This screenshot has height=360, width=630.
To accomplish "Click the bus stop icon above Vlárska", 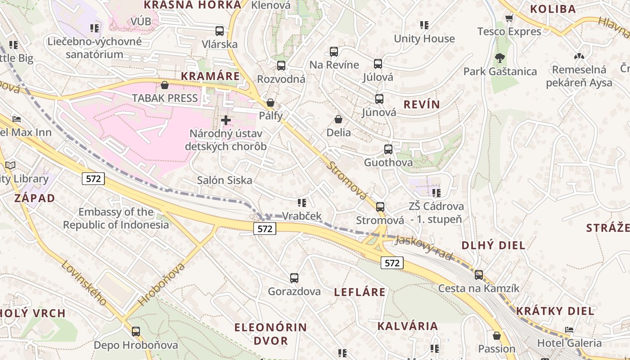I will tap(220, 31).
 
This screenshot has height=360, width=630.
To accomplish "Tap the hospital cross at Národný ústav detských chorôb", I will tap(226, 120).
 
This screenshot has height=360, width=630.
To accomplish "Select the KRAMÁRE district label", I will tap(210, 76).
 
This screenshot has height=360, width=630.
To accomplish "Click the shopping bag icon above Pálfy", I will tap(270, 103).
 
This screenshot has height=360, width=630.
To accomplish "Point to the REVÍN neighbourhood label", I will tap(422, 105).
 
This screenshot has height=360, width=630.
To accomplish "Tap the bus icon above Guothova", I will tap(388, 149).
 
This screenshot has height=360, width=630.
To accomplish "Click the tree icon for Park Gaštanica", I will tap(499, 58).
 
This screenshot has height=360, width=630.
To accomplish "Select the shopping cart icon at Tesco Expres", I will tap(509, 18).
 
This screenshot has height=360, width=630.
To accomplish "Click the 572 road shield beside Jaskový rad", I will tap(392, 263).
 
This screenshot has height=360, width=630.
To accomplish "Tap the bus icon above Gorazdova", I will tap(294, 278).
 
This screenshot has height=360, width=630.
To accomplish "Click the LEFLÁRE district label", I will tap(360, 292).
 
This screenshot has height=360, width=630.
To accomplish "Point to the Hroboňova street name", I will tap(162, 284).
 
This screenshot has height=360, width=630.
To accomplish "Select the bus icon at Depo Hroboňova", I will tap(136, 332).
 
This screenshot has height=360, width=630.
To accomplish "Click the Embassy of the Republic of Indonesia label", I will tap(116, 218).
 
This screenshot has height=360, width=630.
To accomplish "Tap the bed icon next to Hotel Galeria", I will tap(569, 330).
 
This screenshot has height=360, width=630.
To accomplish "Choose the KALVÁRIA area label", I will tap(407, 326).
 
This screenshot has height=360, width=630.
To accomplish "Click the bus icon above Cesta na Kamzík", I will tap(479, 275).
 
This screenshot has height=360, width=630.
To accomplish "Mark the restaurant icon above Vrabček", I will tap(302, 203).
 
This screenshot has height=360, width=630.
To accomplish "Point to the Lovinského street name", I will tap(84, 283).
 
